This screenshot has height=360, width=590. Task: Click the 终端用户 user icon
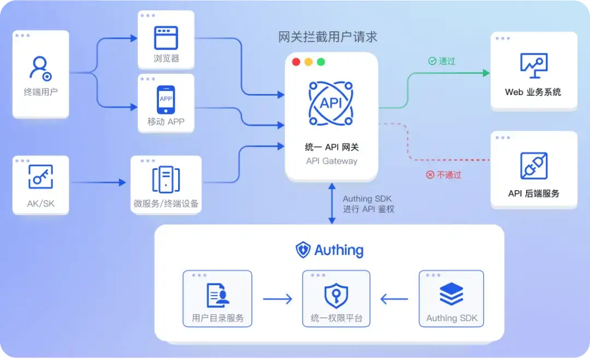(40, 69)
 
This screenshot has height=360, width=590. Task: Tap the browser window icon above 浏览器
(166, 38)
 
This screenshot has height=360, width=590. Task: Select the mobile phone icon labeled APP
(166, 99)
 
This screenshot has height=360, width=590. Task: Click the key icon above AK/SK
(40, 176)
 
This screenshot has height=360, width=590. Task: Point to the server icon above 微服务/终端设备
(166, 179)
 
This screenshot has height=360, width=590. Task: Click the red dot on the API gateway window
(296, 62)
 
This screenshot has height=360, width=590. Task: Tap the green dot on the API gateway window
(321, 62)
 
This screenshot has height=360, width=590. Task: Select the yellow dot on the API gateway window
(309, 62)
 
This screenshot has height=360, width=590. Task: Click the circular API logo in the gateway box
(331, 103)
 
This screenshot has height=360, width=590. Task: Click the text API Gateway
(332, 161)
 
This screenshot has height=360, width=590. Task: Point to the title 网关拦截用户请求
(328, 37)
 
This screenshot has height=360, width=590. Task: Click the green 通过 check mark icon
(432, 61)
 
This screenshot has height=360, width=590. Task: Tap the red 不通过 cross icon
(430, 175)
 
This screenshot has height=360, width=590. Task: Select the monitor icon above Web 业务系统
(534, 66)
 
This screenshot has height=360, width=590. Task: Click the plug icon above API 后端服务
(534, 166)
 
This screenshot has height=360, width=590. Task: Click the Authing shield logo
(303, 250)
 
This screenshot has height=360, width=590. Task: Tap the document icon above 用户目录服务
(218, 296)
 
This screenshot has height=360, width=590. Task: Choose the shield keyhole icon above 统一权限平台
(336, 296)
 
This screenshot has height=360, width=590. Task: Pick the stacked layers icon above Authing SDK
(451, 294)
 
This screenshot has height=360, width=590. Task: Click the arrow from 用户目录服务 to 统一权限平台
(278, 299)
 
